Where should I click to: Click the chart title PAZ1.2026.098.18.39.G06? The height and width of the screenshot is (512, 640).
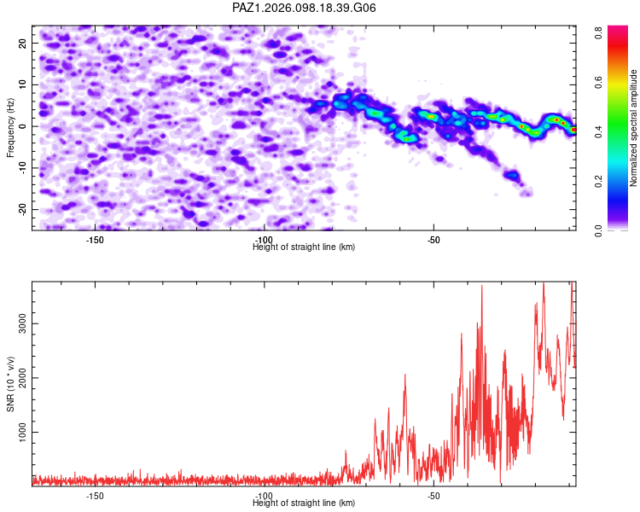[x=304, y=8]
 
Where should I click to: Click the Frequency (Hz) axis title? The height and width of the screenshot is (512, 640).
[x=10, y=128]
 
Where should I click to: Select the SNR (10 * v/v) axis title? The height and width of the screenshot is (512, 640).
[x=10, y=384]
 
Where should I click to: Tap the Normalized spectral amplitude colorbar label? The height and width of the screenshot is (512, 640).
[x=633, y=128]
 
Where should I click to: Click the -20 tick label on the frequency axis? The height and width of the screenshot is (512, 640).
[x=23, y=209]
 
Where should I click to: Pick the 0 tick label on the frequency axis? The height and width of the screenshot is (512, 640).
[x=23, y=126]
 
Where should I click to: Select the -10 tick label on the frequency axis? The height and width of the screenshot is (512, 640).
[x=23, y=168]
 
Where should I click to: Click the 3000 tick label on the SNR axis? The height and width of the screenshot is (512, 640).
[x=23, y=323]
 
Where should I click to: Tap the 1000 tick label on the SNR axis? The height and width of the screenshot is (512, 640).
[x=23, y=432]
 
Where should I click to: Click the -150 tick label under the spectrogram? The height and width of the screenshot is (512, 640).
[x=95, y=240]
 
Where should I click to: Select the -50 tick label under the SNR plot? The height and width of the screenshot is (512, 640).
[x=433, y=496]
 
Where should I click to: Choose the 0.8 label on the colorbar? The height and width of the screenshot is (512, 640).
[x=598, y=32]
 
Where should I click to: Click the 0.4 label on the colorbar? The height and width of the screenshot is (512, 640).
[x=598, y=131]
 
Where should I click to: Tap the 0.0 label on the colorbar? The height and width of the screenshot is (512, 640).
[x=598, y=230]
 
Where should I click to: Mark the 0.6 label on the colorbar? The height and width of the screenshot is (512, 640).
[x=598, y=82]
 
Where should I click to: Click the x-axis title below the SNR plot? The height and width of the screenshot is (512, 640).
[x=304, y=503]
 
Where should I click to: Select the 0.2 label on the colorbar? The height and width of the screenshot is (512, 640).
[x=598, y=181]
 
